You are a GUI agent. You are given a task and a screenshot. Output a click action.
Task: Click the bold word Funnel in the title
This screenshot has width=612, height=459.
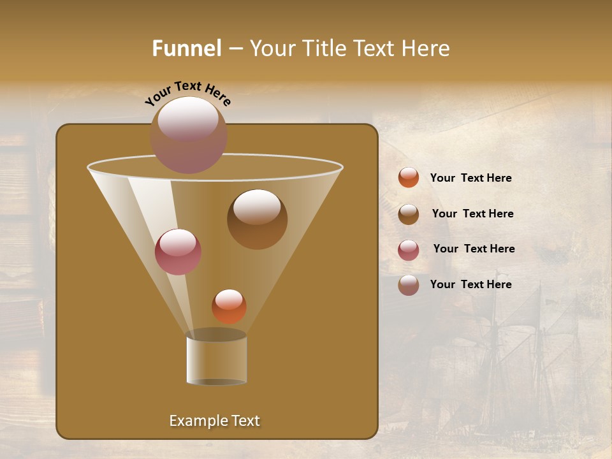pyautogui.click(x=186, y=48)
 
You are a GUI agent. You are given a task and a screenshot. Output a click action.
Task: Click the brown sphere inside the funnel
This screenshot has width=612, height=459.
pyautogui.click(x=257, y=219)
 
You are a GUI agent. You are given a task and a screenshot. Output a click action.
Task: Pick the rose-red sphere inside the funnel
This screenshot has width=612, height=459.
pyautogui.click(x=178, y=252)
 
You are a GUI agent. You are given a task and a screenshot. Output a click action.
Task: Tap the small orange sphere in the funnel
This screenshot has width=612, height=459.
pyautogui.click(x=229, y=307)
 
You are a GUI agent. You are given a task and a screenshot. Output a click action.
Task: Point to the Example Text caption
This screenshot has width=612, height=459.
pyautogui.click(x=215, y=421)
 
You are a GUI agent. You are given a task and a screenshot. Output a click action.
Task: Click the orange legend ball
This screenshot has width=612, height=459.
pyautogui.click(x=409, y=178)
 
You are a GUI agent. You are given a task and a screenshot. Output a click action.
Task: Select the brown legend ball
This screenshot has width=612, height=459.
pyautogui.click(x=409, y=214)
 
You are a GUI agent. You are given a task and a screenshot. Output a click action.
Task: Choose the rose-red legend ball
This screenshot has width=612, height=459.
pyautogui.click(x=409, y=250)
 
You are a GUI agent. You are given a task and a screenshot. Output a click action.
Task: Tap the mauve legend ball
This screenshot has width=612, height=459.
pyautogui.click(x=409, y=285)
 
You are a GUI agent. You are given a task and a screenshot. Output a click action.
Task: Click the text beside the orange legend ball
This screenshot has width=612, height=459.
pyautogui.click(x=470, y=178)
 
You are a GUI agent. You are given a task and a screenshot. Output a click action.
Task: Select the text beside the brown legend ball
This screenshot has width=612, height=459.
pyautogui.click(x=472, y=214)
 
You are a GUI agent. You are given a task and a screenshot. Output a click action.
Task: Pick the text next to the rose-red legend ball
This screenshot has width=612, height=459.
pyautogui.click(x=474, y=249)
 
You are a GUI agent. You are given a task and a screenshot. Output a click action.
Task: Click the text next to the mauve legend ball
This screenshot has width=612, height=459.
pyautogui.click(x=470, y=285)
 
